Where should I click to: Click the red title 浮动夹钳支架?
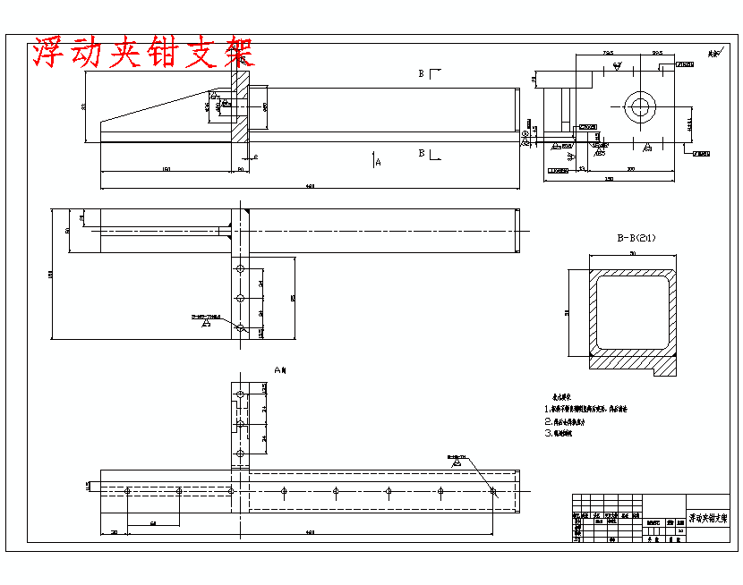pyautogui.click(x=143, y=54)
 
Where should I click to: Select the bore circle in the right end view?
pyautogui.click(x=640, y=107)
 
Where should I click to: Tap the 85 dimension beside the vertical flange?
pyautogui.click(x=293, y=298)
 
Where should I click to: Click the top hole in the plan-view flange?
pyautogui.click(x=239, y=268)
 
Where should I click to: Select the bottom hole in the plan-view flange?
pyautogui.click(x=239, y=328)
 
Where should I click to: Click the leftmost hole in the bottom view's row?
pyautogui.click(x=129, y=491)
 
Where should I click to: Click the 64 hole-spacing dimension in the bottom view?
pyautogui.click(x=153, y=522)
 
